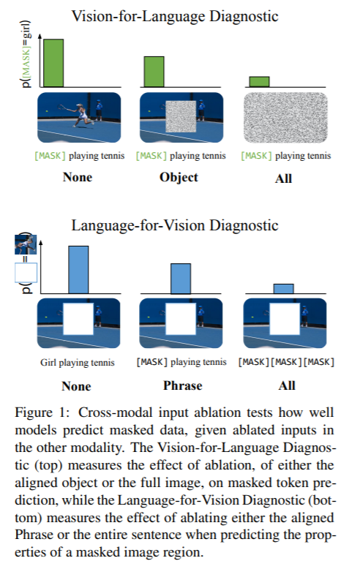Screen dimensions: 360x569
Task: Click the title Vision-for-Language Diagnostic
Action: (175, 16)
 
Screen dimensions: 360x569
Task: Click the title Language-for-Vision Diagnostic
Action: (175, 225)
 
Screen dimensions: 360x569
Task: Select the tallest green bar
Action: (53, 63)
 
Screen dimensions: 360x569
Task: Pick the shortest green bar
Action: (259, 82)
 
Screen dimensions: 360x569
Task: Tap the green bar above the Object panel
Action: (154, 72)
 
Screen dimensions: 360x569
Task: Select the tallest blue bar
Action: (78, 270)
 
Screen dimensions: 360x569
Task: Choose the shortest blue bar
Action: (283, 288)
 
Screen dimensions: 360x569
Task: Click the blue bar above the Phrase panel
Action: (181, 279)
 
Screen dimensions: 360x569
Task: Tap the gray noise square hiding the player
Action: (181, 116)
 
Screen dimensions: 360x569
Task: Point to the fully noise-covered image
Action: (285, 118)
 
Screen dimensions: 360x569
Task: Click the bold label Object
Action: (179, 178)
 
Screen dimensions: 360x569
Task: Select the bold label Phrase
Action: (182, 385)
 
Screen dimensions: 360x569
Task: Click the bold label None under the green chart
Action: (78, 177)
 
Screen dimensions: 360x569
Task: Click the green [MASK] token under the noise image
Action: (256, 156)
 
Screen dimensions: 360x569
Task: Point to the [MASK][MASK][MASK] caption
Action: (286, 362)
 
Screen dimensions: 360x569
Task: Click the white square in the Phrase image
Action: (181, 319)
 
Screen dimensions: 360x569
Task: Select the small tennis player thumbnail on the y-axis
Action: (26, 244)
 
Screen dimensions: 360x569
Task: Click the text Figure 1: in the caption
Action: (42, 413)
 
